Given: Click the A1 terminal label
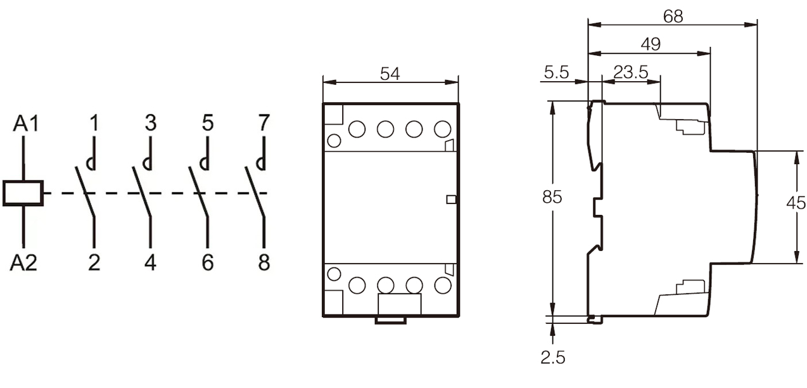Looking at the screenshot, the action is coord(26,124).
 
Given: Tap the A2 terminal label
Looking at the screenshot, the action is coord(23,262).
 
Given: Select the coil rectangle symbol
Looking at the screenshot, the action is coord(23,193).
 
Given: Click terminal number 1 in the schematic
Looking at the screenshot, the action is coord(94,123).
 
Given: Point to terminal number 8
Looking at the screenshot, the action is coord(264,262).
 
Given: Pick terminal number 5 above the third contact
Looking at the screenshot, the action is coord(208,123).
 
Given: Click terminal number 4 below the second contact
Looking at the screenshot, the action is coord(151,262).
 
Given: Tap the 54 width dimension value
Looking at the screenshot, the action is coord(390,74).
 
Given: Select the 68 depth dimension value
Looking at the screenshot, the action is coord(673,16).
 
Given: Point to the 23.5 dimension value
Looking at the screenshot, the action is coord(631,72).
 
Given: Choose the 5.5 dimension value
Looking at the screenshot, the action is coord(556,72).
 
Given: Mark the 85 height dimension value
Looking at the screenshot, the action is coord(552,197).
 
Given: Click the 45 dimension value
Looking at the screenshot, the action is coord(796,203).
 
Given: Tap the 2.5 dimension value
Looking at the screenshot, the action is coord(552,358).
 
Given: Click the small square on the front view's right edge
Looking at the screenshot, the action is coord(451,200).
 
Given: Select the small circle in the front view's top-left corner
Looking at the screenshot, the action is coord(334,141).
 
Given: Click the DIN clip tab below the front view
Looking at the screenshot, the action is coord(391,320).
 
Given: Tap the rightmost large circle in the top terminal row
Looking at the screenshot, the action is coord(442,129).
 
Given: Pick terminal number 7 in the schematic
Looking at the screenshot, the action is coord(264,123).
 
